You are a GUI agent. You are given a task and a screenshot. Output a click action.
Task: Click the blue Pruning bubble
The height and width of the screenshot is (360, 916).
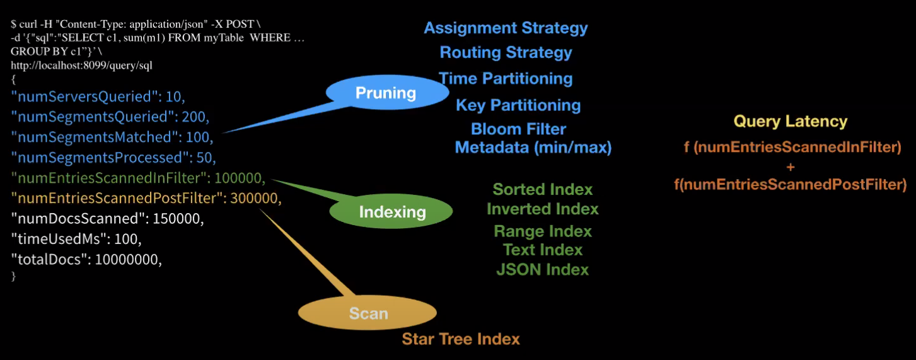[x=385, y=93]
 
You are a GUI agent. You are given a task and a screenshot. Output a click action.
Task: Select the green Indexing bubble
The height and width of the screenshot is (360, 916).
[x=392, y=212]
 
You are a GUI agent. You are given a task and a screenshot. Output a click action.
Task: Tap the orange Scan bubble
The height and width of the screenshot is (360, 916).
[x=368, y=313]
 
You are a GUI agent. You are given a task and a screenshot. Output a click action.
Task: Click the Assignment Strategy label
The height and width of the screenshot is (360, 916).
[x=506, y=28]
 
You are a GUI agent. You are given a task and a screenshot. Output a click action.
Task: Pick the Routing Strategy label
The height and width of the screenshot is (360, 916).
[x=506, y=52]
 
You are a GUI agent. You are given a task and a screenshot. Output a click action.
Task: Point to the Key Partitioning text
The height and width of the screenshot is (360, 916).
[x=518, y=105]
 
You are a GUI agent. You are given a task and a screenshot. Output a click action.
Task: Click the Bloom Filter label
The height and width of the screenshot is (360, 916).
[x=518, y=129]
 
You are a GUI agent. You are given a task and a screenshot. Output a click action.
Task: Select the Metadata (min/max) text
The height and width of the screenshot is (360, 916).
[x=533, y=148]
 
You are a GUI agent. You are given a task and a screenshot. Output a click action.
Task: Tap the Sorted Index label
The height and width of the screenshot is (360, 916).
[x=542, y=189]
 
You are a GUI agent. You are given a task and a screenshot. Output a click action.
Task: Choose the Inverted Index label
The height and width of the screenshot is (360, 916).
[x=542, y=209]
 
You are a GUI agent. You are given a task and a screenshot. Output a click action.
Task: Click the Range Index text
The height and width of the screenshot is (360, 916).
[x=542, y=231]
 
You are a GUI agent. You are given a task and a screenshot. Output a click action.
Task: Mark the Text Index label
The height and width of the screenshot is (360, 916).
[x=542, y=250]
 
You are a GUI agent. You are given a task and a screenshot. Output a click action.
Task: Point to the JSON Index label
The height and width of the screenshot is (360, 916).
[x=542, y=270]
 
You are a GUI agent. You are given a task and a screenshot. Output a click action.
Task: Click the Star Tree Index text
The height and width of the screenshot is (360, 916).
[x=461, y=339]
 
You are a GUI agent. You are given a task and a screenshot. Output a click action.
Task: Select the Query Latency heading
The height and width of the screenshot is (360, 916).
[x=790, y=122]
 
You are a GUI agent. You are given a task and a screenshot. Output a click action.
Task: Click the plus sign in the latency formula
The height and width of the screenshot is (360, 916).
[x=791, y=166]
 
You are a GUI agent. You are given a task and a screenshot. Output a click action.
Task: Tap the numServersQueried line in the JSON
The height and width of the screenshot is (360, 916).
[x=98, y=97]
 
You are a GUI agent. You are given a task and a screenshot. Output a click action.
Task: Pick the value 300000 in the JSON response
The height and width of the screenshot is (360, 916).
[x=255, y=198]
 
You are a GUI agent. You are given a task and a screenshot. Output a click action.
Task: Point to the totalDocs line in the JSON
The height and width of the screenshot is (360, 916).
[x=86, y=260]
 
